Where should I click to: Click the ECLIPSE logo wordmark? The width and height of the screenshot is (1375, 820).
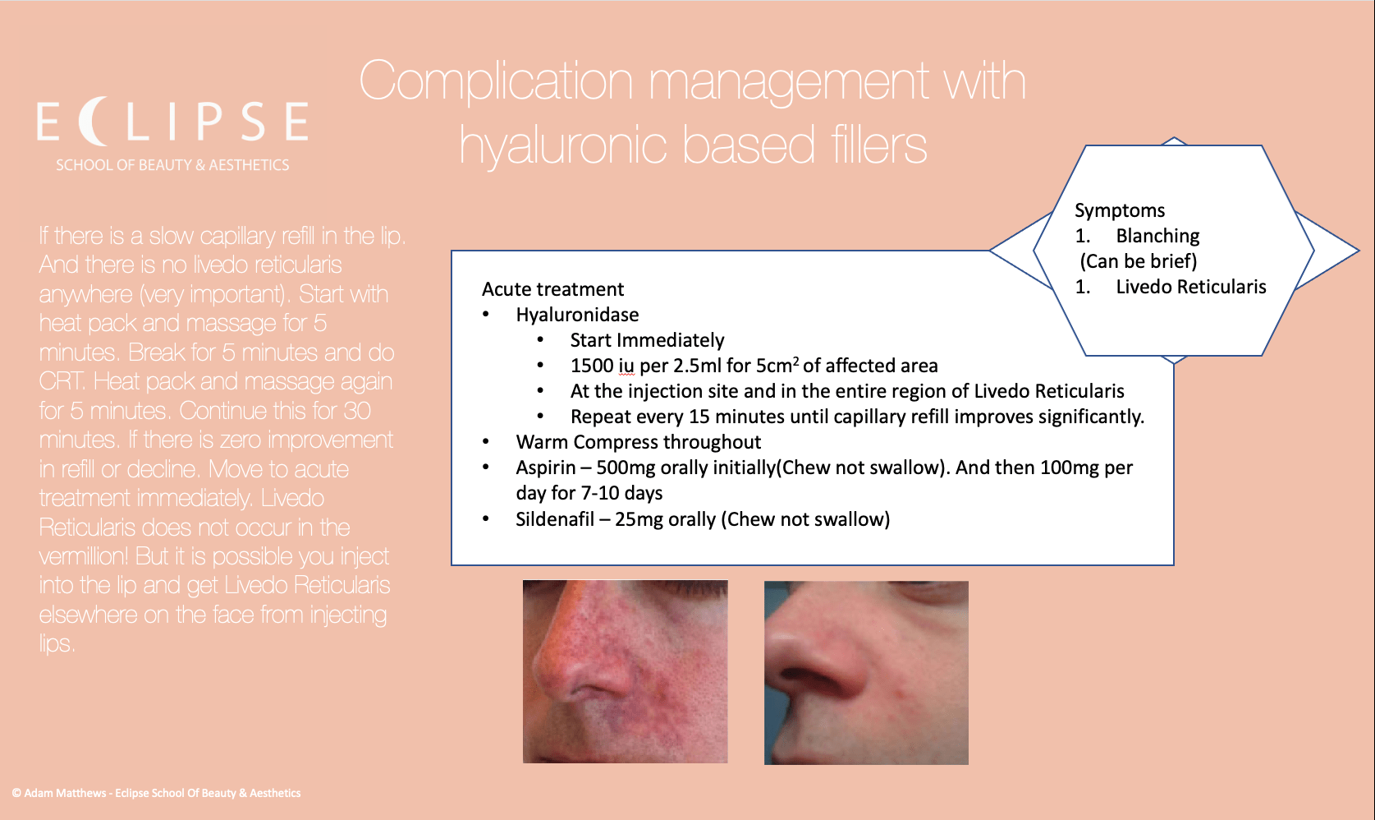172,122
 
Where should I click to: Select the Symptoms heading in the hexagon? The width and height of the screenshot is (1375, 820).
1120,210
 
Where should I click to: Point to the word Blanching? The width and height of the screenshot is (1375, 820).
1157,236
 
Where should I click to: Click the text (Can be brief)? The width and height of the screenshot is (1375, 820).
1139,261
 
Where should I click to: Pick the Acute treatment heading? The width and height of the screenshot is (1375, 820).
552,289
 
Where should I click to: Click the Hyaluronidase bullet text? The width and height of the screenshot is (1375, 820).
577,315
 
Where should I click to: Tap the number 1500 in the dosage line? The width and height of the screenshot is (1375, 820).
592,366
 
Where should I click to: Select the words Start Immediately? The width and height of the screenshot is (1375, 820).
647,340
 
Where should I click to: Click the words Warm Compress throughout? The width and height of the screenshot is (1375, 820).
638,442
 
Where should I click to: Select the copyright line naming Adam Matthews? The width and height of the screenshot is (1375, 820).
156,793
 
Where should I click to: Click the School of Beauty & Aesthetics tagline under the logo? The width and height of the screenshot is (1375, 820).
172,165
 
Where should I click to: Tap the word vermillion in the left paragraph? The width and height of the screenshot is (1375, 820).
83,556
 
